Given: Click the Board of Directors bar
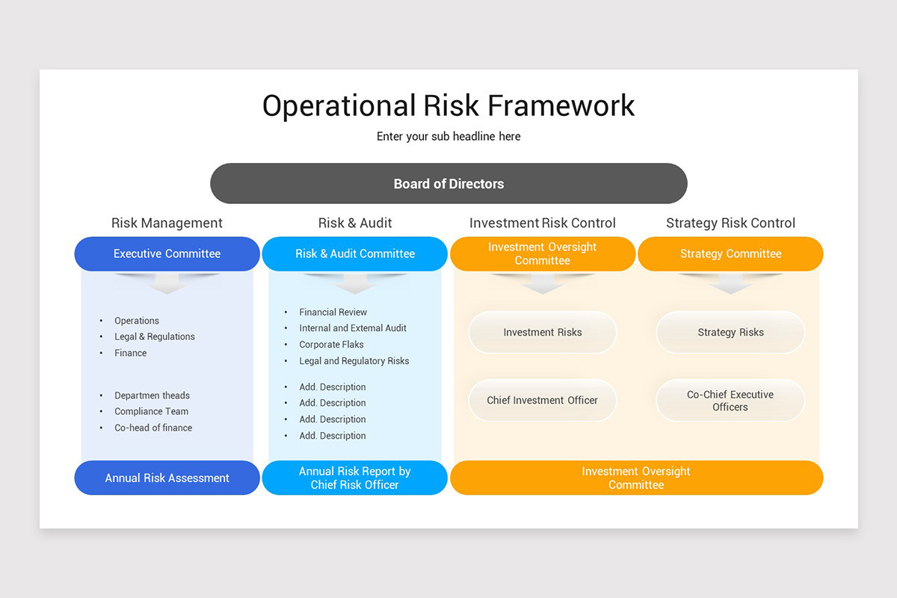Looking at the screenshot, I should coord(449,184).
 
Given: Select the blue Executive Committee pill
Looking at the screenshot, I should coord(167,254).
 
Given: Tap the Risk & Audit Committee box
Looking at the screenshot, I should coord(354,254).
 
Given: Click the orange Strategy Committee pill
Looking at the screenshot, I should coord(730,254).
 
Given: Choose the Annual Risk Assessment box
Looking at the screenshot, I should coord(167,478).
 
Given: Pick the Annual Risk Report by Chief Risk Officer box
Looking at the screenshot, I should coord(354,478).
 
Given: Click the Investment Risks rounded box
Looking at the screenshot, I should coord(542,333).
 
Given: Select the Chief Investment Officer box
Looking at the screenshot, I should coord(542,401).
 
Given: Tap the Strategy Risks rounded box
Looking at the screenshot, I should coord(730,333).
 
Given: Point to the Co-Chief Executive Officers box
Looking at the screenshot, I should coord(730,401).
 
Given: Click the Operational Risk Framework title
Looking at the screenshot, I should coord(449,105).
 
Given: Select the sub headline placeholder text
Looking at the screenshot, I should coord(449,137).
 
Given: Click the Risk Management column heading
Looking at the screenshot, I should coord(167,223).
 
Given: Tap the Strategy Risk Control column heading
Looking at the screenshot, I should coord(730,223).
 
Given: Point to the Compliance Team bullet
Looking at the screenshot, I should coord(151,412).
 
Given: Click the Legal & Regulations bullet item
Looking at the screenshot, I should coord(154,337).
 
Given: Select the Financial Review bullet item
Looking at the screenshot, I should coord(333,312).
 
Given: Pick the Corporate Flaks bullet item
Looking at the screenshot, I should coord(331,345).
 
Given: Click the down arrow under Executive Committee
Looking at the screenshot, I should coord(167,283).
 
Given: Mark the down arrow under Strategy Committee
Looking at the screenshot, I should coord(730,283).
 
